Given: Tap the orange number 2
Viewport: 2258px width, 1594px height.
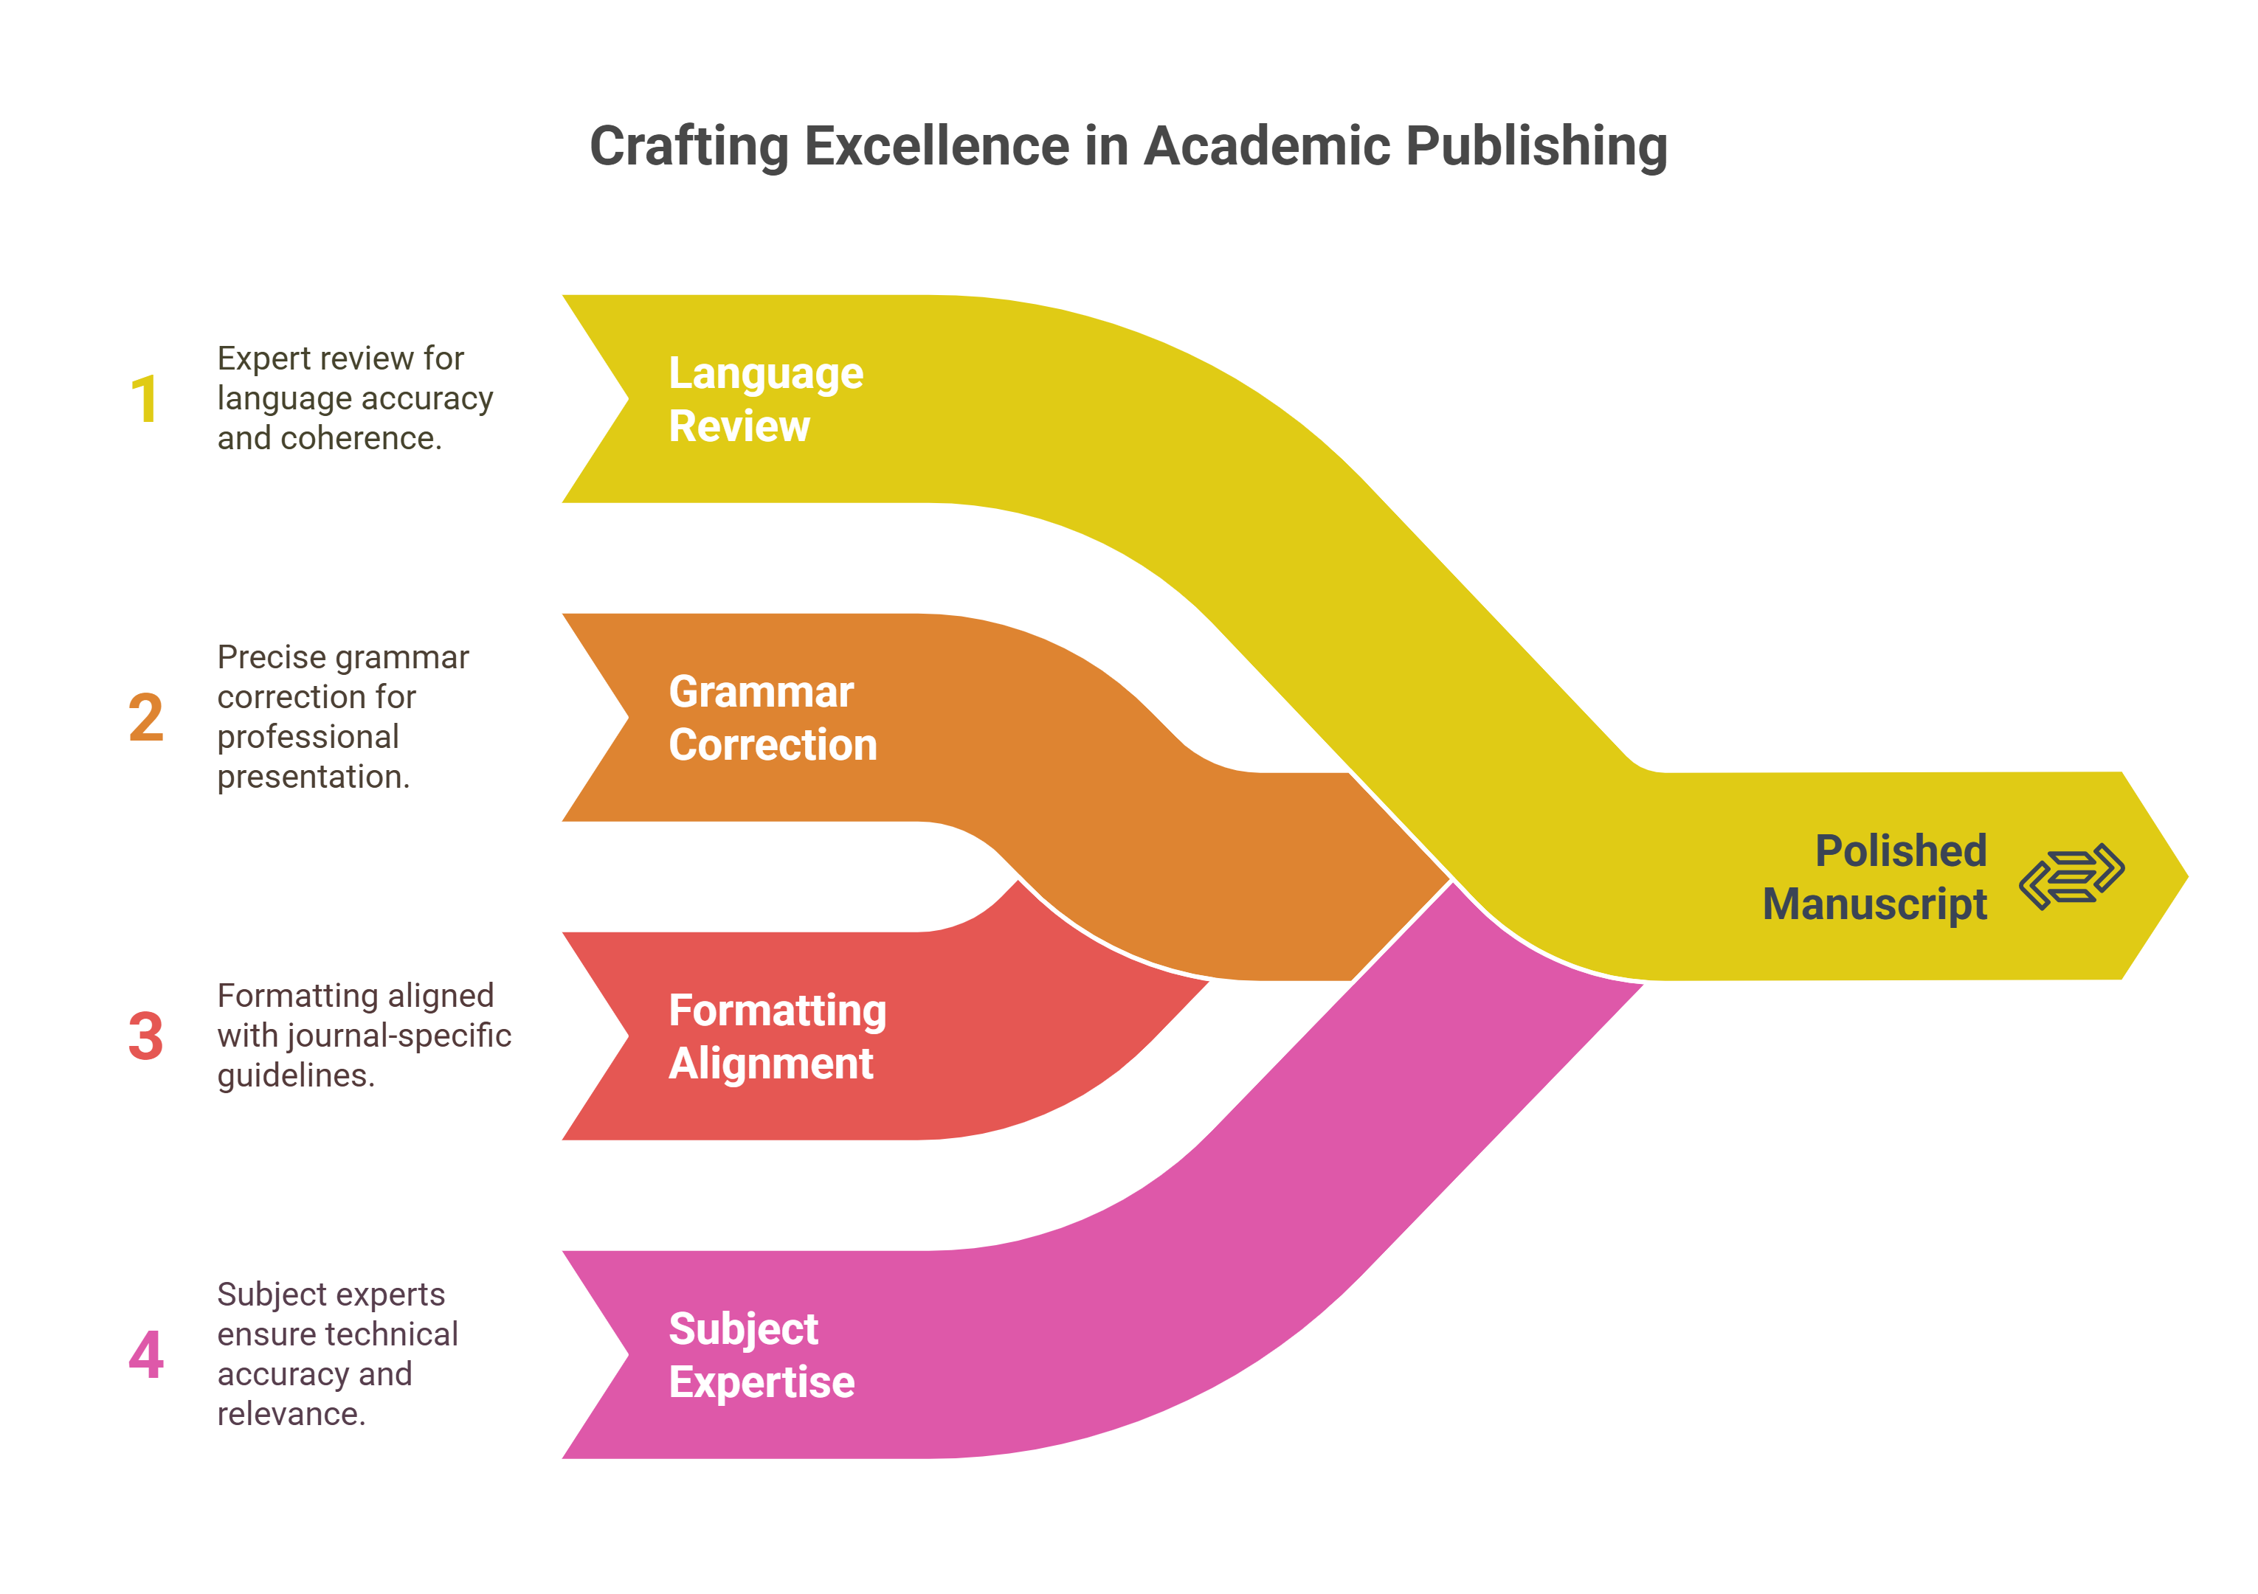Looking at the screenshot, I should click(145, 718).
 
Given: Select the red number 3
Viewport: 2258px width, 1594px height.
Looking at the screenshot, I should click(145, 1036).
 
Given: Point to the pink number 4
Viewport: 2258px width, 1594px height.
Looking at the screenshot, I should click(145, 1354).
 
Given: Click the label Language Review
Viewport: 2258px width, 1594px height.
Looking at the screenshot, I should click(765, 399).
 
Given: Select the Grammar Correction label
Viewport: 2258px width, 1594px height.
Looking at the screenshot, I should click(772, 718).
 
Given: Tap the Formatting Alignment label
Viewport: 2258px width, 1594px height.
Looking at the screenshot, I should click(777, 1036).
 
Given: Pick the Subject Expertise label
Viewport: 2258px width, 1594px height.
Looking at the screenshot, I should click(762, 1355).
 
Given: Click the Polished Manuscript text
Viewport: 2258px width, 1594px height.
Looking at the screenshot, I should click(1874, 877).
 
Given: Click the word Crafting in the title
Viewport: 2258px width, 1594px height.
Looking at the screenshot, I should click(688, 147).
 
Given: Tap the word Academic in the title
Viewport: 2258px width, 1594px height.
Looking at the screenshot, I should click(1268, 147).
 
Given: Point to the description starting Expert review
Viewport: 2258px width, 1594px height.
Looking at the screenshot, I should click(354, 398).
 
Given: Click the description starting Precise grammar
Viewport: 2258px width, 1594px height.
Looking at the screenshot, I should click(342, 717).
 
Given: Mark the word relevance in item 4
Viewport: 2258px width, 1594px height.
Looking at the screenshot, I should click(290, 1414).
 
